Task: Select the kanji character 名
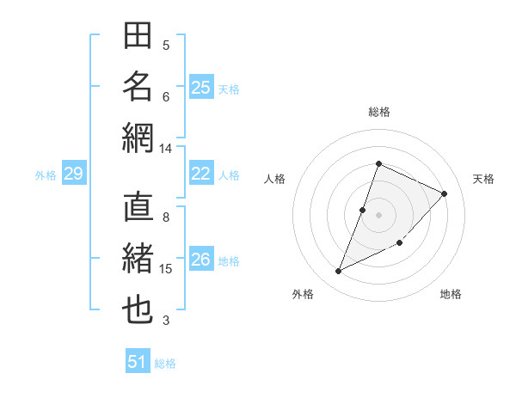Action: (138, 87)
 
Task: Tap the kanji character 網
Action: (138, 138)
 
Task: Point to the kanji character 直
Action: (138, 208)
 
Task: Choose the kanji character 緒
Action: (138, 260)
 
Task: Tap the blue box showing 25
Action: (201, 87)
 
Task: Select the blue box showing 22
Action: (201, 174)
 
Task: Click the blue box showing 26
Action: (201, 260)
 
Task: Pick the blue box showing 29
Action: (73, 174)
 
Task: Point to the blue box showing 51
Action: (138, 362)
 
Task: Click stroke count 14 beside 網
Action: (165, 149)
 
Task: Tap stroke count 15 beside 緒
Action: (165, 269)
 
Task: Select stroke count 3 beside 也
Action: (166, 321)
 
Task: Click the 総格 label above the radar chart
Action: (378, 112)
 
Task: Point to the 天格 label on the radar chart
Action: (483, 179)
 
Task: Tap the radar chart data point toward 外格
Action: (339, 272)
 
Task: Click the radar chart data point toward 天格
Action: (445, 193)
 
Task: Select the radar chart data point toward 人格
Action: (363, 210)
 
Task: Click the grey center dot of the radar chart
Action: (378, 215)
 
